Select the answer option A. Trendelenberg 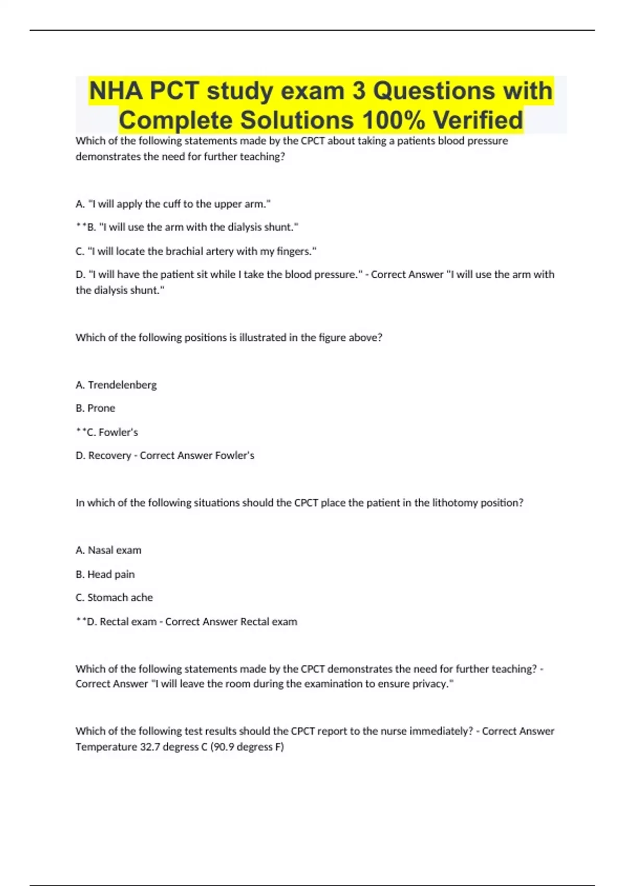(116, 385)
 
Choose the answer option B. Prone (95, 408)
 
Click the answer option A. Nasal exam (108, 550)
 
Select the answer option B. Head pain (105, 574)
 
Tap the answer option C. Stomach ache (114, 597)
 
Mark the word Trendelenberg (122, 385)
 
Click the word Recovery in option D (109, 456)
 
